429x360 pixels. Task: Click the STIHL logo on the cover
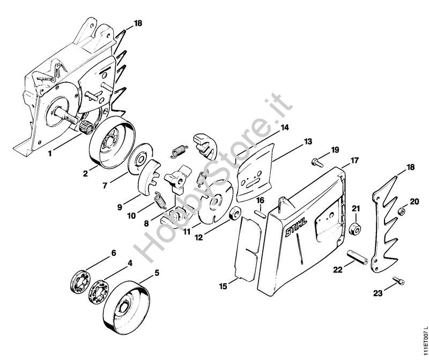coord(296,227)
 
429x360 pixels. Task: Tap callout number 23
coord(378,293)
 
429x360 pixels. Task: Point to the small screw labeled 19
coord(317,162)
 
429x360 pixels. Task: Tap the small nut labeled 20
coord(402,211)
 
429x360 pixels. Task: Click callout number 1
coord(50,153)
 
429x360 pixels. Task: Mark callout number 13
coord(307,142)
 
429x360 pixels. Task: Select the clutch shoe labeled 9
coord(150,177)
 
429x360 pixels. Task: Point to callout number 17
coord(354,160)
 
